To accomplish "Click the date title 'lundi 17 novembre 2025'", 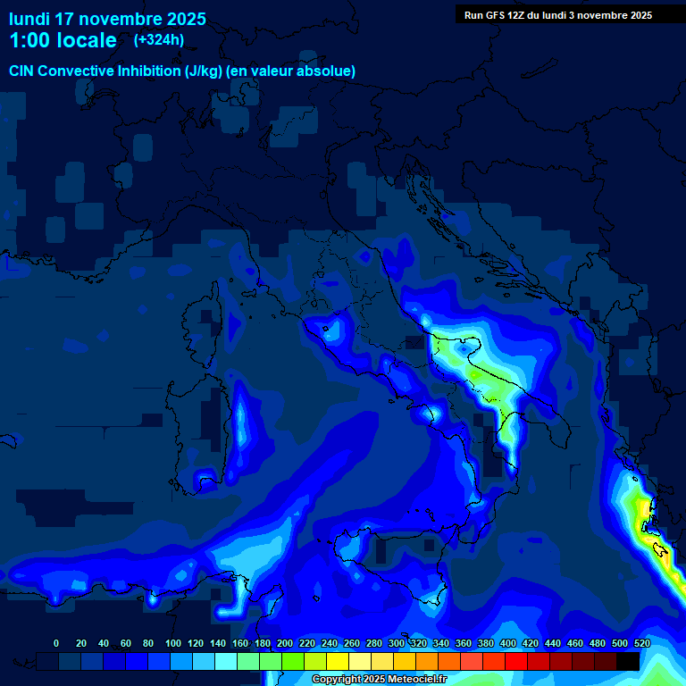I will (x=107, y=19).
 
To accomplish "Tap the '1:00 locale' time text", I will (x=63, y=40).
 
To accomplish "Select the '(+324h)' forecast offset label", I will (x=158, y=40).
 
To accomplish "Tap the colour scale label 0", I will (x=56, y=643).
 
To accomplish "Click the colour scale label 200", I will (x=285, y=643).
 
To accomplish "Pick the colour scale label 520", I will (x=642, y=643).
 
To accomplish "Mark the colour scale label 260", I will (x=352, y=643).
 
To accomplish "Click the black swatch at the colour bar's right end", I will (x=628, y=661).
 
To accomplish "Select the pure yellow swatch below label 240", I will (x=338, y=661).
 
